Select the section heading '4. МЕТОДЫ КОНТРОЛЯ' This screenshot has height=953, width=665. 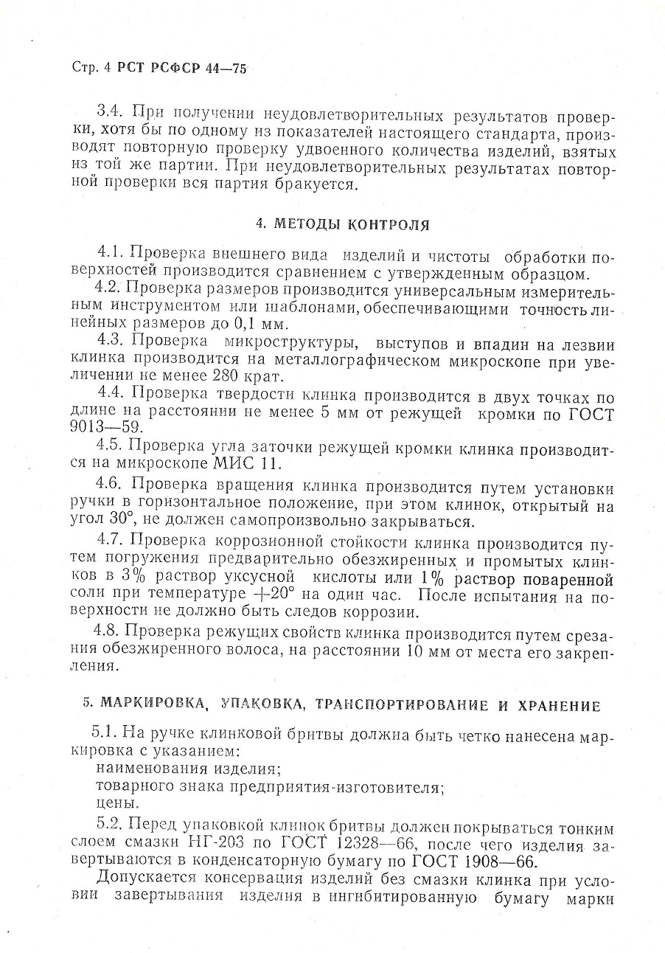coord(341,224)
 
